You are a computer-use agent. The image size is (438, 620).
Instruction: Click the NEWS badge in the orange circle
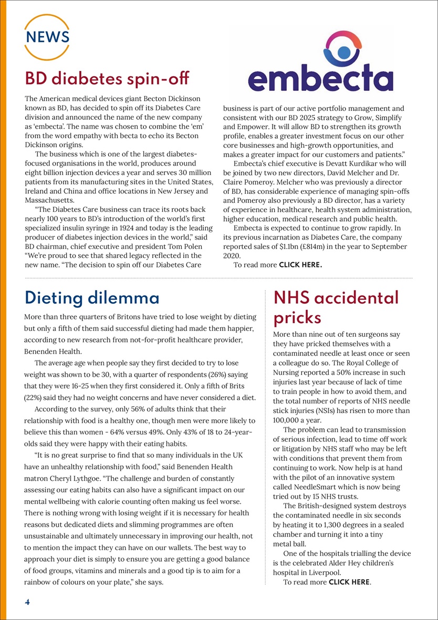click(x=47, y=37)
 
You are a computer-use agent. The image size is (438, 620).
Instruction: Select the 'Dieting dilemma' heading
click(x=92, y=298)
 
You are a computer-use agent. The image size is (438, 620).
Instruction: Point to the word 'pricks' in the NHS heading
click(x=297, y=317)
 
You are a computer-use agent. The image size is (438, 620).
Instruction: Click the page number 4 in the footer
click(x=27, y=602)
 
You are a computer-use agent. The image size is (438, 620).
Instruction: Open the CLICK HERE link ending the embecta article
click(x=300, y=265)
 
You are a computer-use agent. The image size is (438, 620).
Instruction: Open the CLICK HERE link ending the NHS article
click(x=349, y=582)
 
